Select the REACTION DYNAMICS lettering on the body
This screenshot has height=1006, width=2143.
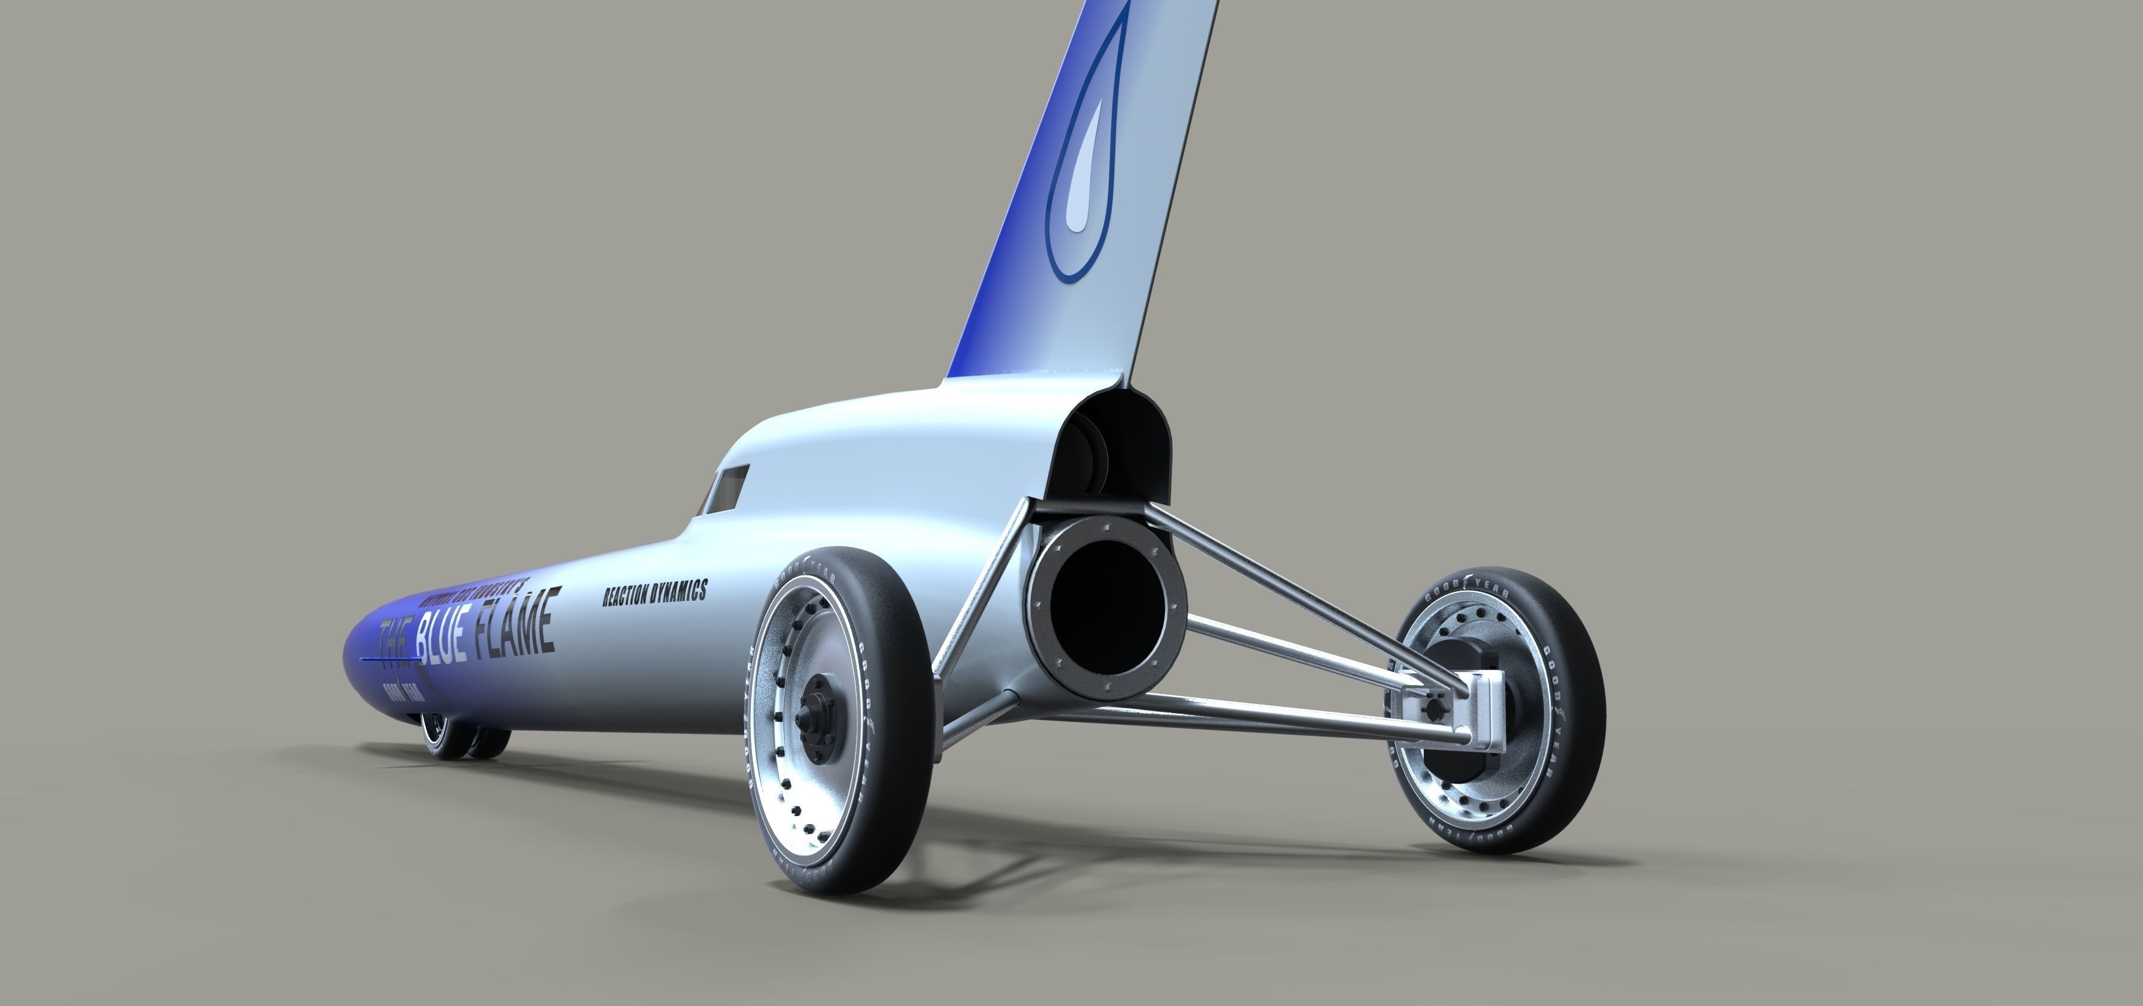[x=655, y=592]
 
